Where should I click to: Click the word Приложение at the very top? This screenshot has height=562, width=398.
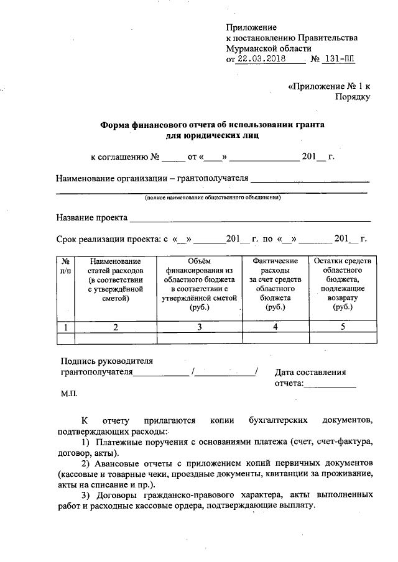(x=251, y=28)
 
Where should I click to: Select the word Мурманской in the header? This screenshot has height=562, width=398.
(x=254, y=48)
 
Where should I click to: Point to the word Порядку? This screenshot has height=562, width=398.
(x=353, y=97)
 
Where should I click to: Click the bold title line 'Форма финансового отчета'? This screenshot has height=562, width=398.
(x=213, y=124)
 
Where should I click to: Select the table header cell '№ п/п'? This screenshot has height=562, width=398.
(x=65, y=266)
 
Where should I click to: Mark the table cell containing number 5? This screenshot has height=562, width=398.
(x=342, y=327)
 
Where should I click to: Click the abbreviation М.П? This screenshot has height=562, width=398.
(x=68, y=393)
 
